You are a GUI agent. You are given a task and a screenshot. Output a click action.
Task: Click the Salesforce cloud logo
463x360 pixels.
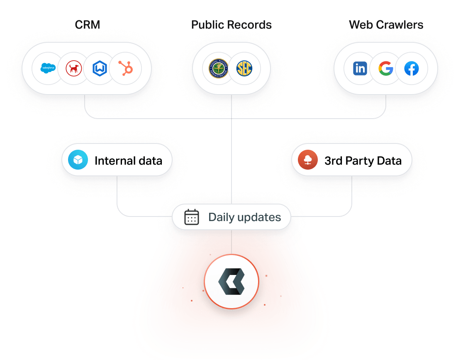(x=48, y=68)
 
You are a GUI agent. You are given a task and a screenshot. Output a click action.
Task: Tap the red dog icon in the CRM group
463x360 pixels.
(x=74, y=68)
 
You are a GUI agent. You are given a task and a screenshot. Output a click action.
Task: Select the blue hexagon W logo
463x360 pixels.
(x=100, y=68)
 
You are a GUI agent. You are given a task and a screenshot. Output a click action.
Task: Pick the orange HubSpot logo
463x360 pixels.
(x=125, y=68)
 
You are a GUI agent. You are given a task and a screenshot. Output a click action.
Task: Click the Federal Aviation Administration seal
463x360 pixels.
(x=219, y=68)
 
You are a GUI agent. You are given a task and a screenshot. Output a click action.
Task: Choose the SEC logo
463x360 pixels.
(x=244, y=68)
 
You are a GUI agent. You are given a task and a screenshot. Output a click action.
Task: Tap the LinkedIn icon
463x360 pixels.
(x=360, y=68)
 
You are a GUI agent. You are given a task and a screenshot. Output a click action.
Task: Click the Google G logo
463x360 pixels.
(x=385, y=68)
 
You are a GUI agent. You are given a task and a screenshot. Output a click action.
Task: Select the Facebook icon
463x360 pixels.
(x=411, y=68)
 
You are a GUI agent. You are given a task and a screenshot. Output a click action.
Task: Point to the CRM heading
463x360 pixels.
(x=87, y=25)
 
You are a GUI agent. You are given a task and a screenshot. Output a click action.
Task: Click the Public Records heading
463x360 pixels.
(x=231, y=25)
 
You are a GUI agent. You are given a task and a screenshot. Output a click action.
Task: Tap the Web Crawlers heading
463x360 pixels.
(x=386, y=25)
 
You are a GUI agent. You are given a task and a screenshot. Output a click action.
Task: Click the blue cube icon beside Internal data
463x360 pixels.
(x=78, y=160)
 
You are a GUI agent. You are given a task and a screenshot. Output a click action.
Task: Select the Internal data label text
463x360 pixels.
(x=128, y=161)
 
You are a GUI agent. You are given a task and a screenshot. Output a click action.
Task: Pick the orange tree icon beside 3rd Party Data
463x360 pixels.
(x=307, y=160)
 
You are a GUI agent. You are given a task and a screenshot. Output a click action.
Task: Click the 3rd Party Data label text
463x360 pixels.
(x=363, y=161)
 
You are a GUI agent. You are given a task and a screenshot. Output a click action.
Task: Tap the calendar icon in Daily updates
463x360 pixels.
(x=191, y=217)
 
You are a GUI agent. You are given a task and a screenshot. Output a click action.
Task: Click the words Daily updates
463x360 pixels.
(x=244, y=217)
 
